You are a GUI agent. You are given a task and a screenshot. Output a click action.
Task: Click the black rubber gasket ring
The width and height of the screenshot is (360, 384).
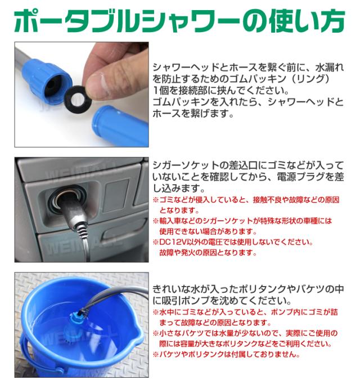click(71, 100)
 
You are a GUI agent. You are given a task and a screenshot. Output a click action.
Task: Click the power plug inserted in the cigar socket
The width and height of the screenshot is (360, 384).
click(71, 208)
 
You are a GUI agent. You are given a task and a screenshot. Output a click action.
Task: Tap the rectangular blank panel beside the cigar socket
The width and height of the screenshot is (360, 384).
click(116, 195)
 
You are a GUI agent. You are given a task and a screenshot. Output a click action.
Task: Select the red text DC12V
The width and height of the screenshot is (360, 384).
click(173, 242)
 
